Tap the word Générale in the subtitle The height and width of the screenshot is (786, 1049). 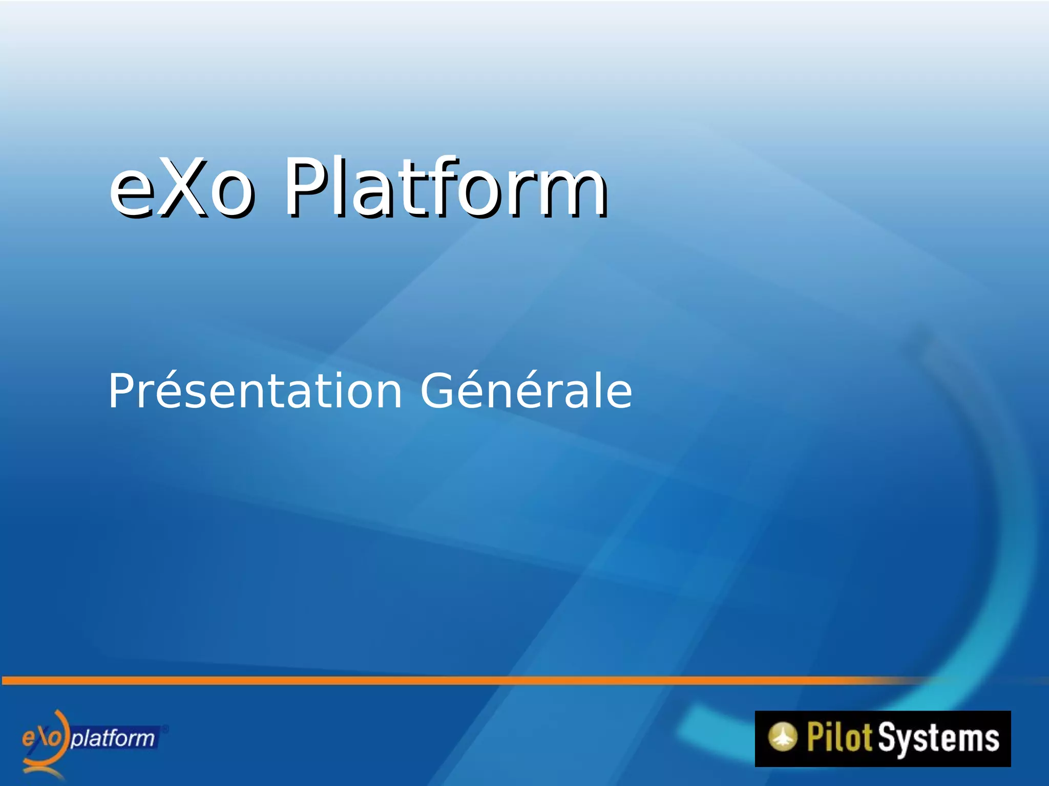pyautogui.click(x=526, y=391)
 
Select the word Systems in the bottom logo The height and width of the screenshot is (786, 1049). pyautogui.click(x=938, y=738)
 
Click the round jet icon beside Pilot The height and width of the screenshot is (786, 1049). pyautogui.click(x=782, y=737)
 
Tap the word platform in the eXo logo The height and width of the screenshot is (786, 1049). pyautogui.click(x=113, y=738)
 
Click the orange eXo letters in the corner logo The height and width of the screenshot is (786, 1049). pyautogui.click(x=43, y=737)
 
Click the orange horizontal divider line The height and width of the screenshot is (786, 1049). pyautogui.click(x=461, y=680)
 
